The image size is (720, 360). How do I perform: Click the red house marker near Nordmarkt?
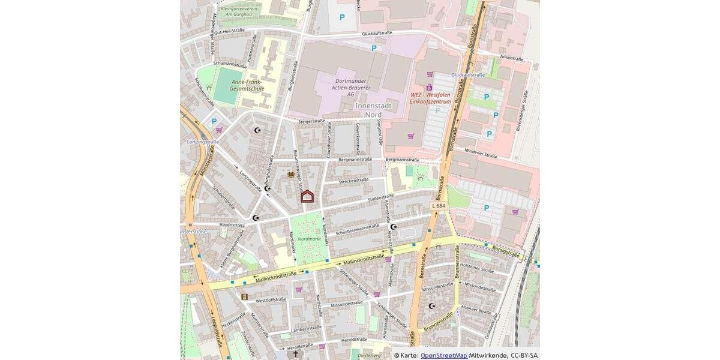tap(307, 196)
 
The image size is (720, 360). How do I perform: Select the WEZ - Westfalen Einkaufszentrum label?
tap(430, 98)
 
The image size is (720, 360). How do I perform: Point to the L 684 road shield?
tap(439, 206)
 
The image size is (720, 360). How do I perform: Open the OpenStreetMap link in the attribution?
tap(443, 355)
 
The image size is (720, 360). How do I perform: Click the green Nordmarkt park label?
tap(309, 238)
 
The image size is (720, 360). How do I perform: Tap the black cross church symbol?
tap(295, 354)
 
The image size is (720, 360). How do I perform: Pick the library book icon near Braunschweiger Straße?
tap(291, 175)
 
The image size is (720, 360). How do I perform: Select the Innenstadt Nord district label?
tap(373, 110)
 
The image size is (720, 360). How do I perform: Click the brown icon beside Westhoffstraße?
tap(244, 296)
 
